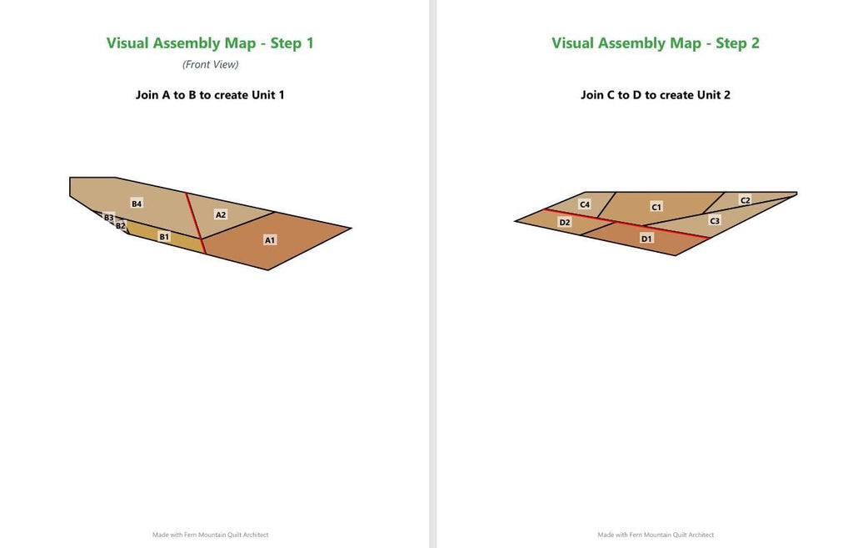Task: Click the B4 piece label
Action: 137,204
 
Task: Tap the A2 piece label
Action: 220,214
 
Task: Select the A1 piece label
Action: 270,239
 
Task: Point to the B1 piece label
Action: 164,236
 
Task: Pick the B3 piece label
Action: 109,218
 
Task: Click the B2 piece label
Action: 120,225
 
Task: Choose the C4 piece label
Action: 585,204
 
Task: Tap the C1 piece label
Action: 656,207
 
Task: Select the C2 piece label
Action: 746,200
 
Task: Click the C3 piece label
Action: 715,220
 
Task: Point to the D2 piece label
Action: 565,222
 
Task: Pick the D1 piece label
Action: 646,239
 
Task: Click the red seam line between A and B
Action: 195,223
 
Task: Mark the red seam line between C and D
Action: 627,224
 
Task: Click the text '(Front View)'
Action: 211,64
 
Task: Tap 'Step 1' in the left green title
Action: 292,43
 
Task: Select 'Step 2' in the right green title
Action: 737,43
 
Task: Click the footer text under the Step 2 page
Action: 656,535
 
